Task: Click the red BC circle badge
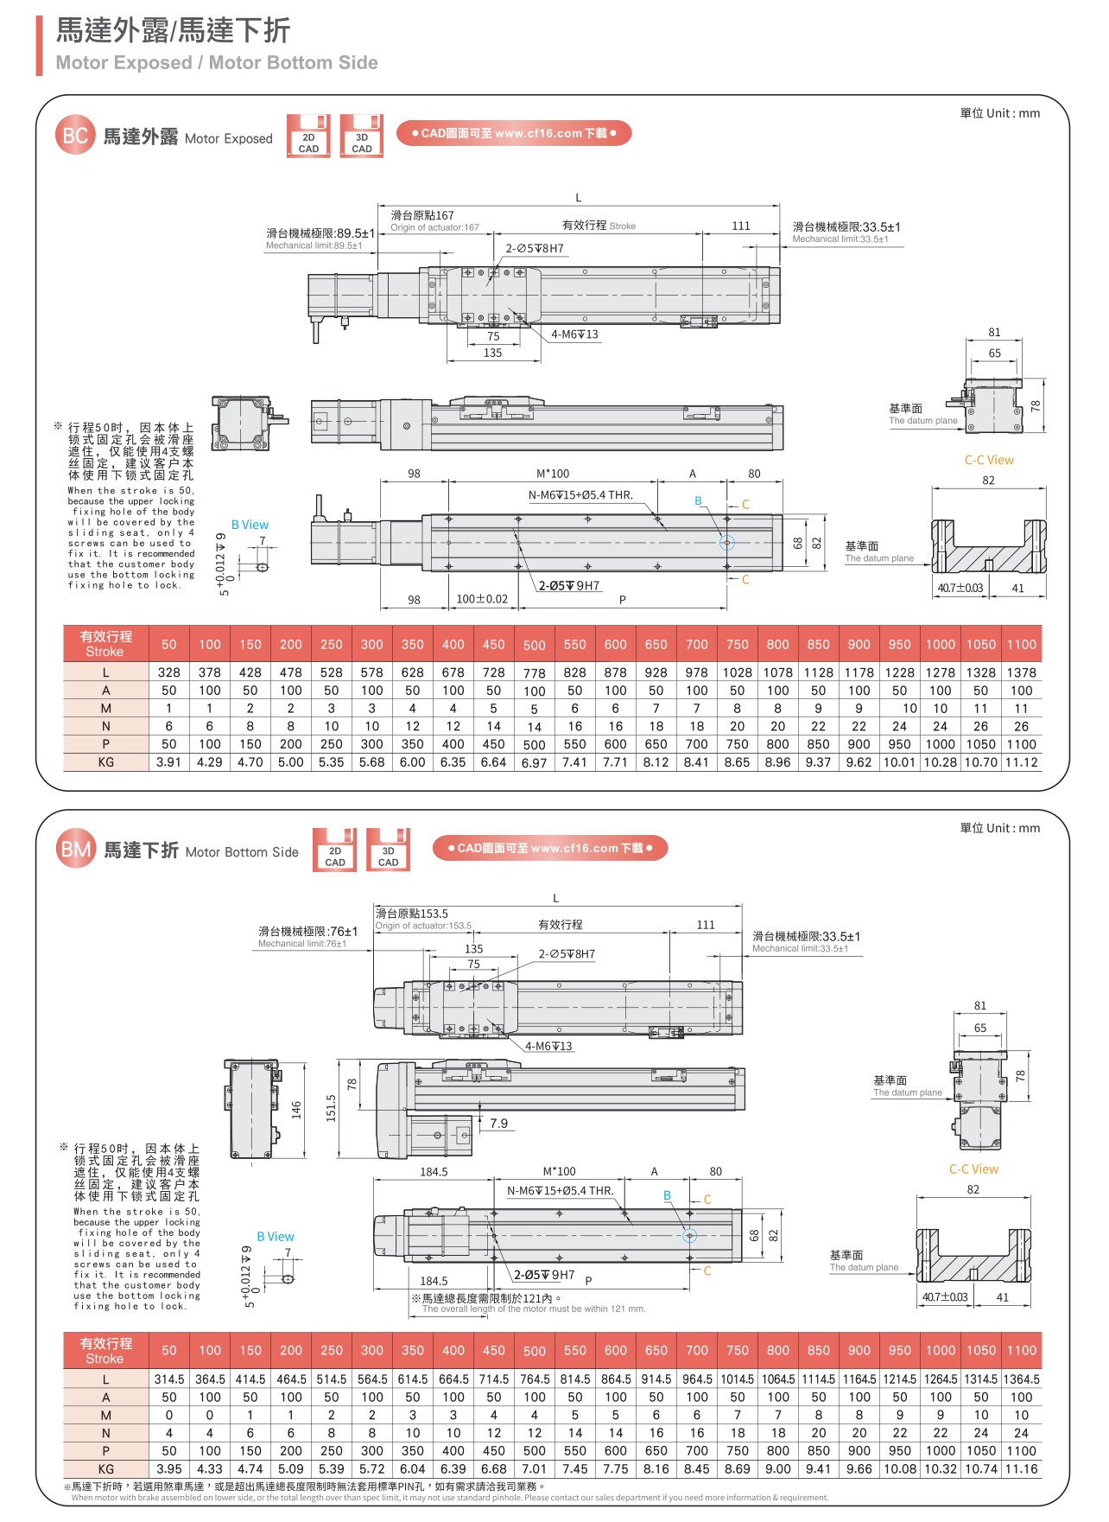pos(75,136)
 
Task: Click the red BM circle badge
pos(75,850)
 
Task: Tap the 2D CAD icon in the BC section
pos(308,137)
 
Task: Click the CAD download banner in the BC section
pos(514,133)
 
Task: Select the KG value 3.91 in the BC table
pos(169,762)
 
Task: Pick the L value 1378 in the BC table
pos(1021,672)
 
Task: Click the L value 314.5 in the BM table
pos(169,1379)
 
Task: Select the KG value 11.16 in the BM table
pos(1021,1468)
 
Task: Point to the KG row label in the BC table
pos(105,762)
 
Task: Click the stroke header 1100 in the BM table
pos(1021,1350)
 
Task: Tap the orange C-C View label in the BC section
pos(989,460)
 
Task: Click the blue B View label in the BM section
pos(275,1237)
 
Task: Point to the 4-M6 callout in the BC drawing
pos(574,334)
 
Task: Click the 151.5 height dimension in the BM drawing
pos(331,1108)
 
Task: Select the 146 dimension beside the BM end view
pos(296,1109)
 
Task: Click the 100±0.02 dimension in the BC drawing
pos(482,599)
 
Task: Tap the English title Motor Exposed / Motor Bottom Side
pos(217,63)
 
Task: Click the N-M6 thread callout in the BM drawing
pos(560,1191)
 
